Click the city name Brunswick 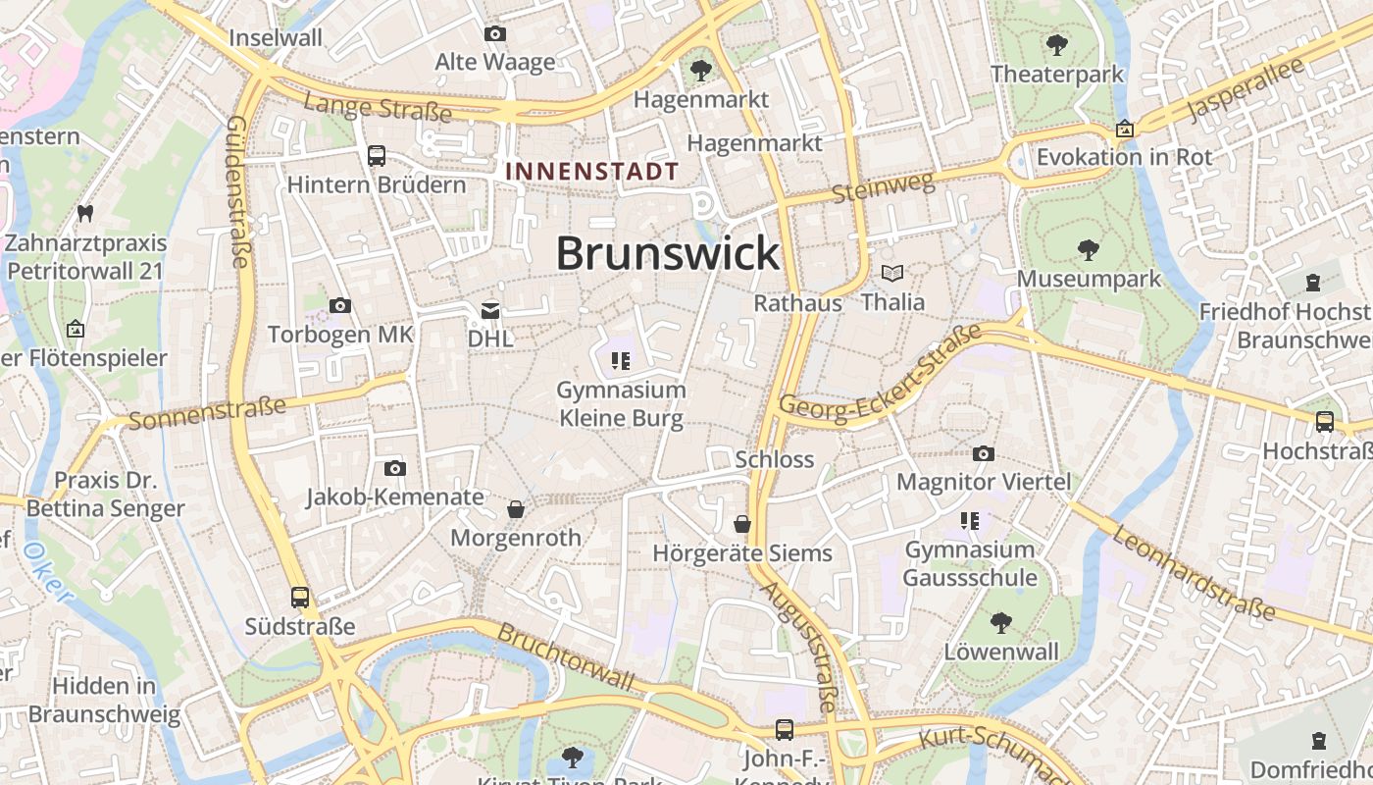667,253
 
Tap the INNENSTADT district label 591,171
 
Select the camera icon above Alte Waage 495,34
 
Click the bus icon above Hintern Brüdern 376,155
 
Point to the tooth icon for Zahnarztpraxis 85,212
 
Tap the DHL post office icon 489,311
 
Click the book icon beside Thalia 891,274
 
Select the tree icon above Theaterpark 1056,45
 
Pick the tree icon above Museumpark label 1088,250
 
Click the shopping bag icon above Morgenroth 516,509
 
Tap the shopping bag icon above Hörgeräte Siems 742,525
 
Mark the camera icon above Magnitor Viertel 984,453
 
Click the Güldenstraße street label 238,191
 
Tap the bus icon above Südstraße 300,597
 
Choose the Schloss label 775,459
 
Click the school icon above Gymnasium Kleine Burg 620,361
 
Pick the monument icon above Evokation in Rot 1125,129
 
